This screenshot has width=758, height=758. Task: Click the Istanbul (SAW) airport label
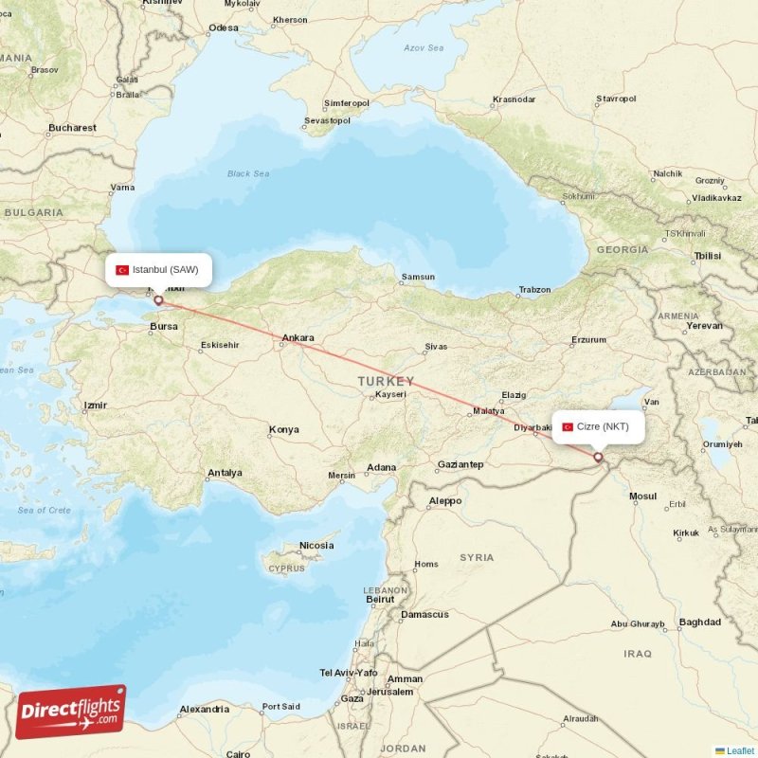158,270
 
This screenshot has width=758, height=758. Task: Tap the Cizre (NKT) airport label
598,426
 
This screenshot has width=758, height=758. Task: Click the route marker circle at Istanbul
158,300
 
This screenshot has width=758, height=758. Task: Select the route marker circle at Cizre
598,457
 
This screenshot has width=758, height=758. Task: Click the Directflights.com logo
71,712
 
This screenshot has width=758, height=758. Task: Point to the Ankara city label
298,337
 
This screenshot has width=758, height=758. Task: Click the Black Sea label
248,173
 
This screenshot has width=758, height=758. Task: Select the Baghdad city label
699,623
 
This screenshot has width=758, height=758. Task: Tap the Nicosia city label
316,546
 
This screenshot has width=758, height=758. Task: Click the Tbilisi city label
707,256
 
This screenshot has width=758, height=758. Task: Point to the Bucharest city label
72,128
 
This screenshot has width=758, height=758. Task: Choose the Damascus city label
424,614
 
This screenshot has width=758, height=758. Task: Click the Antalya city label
225,472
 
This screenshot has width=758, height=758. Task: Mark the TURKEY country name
386,381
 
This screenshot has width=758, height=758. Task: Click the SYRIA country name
477,557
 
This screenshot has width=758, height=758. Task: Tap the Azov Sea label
424,47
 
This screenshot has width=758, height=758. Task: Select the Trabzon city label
534,290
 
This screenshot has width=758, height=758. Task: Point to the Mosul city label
642,496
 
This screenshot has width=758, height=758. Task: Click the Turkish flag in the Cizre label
568,426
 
